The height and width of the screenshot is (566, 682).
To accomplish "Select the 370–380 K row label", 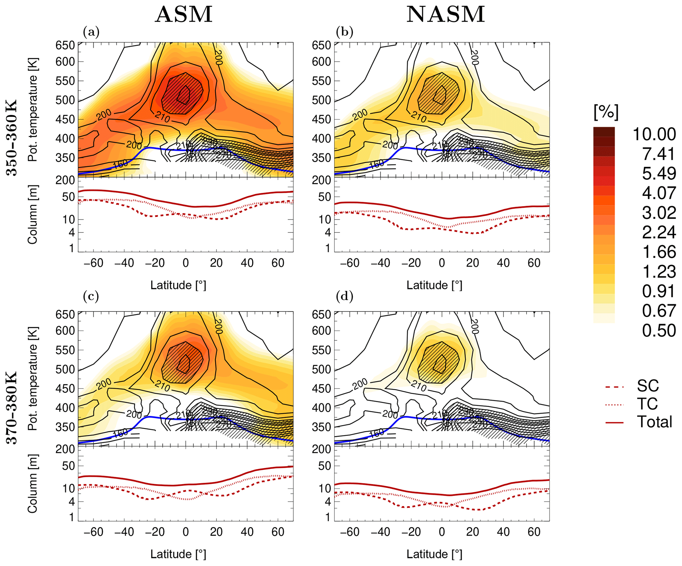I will (x=12, y=408).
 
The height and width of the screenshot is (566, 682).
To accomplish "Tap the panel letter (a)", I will (x=91, y=32).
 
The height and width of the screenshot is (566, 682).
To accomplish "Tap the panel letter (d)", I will (x=344, y=296).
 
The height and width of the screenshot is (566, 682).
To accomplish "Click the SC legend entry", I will (x=648, y=385).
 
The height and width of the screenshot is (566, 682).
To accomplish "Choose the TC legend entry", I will (x=647, y=404).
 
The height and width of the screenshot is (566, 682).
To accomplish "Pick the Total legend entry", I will (x=654, y=422).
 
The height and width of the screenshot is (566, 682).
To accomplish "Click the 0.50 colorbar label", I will (x=659, y=331).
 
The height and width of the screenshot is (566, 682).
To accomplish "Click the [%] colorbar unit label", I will (x=606, y=112).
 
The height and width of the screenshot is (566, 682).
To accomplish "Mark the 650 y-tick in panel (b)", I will (x=321, y=45).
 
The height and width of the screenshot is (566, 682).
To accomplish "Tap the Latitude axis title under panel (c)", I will (x=178, y=554).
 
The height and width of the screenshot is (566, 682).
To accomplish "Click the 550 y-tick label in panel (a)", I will (x=65, y=81).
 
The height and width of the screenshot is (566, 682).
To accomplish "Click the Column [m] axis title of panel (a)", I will (x=32, y=215).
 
